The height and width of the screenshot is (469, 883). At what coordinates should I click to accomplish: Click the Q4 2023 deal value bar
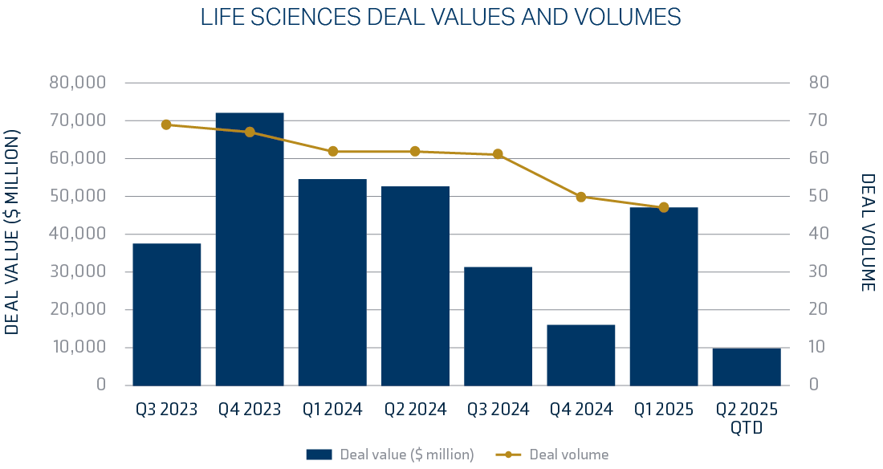pos(250,249)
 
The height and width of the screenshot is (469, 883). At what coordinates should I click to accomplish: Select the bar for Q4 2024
pos(581,355)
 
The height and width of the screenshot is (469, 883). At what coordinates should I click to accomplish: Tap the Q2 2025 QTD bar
pos(747,366)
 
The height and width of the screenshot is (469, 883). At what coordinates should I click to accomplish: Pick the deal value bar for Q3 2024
pos(498,326)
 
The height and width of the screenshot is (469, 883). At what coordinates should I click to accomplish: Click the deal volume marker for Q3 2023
pos(166,124)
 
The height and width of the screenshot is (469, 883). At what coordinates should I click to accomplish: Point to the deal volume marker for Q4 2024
pos(581,197)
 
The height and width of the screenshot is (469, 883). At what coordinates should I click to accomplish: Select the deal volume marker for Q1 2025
pos(664,207)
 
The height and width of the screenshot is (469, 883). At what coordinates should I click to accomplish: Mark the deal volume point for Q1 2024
pos(332,151)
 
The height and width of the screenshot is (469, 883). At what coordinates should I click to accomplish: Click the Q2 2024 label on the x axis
pos(414,410)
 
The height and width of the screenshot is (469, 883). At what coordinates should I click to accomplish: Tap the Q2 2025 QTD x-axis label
pos(747,418)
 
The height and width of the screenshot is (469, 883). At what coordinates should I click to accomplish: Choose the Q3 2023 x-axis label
pos(166,410)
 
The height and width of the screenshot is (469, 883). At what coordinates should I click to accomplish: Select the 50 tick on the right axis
pos(817,196)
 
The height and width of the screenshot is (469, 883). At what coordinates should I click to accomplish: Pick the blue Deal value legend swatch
pos(319,455)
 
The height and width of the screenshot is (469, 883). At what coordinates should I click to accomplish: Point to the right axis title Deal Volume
pos(868,233)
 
